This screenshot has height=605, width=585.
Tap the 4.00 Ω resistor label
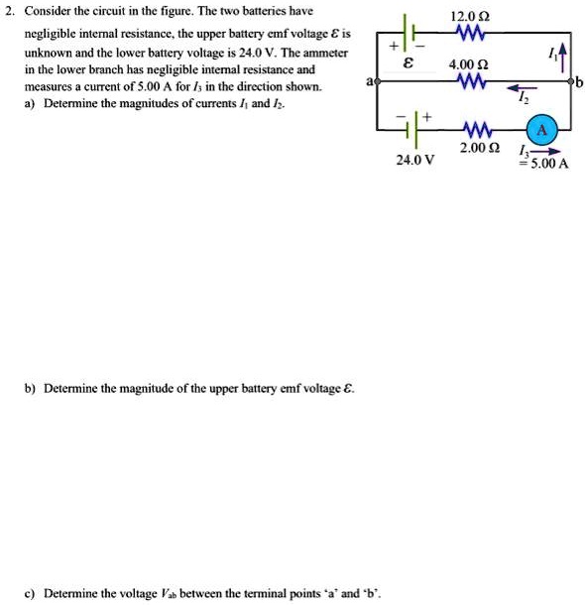[466, 64]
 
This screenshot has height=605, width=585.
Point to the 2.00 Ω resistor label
[478, 149]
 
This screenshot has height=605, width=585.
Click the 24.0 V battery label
[414, 158]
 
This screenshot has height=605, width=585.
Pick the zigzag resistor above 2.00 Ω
[478, 130]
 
